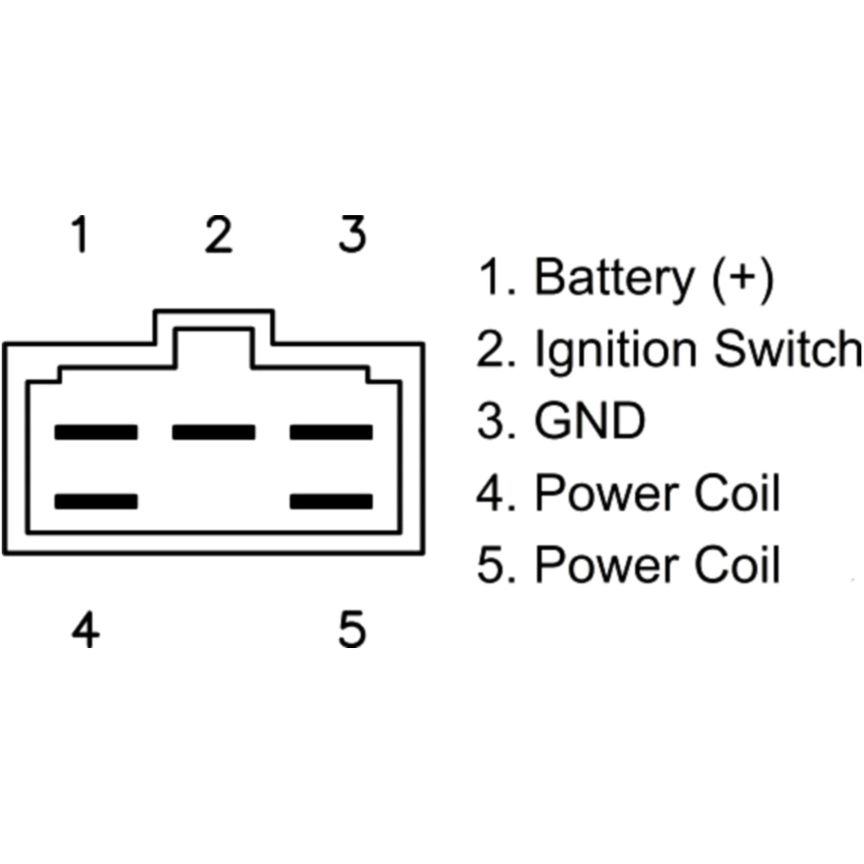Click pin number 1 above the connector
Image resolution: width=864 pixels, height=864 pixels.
[x=80, y=236]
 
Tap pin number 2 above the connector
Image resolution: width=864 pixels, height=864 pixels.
[x=219, y=236]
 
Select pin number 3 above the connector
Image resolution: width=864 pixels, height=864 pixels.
[x=352, y=234]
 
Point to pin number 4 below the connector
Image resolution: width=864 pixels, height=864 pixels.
[x=85, y=630]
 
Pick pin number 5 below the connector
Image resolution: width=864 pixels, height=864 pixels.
[x=352, y=630]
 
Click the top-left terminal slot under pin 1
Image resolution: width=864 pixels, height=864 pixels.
[x=96, y=432]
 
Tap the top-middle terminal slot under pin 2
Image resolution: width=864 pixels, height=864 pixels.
[x=213, y=432]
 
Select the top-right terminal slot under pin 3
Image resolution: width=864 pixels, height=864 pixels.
[x=331, y=432]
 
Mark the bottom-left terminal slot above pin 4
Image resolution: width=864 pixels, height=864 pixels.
[x=96, y=501]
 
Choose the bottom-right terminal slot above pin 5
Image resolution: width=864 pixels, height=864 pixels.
[x=331, y=501]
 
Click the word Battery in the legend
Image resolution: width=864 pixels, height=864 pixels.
[x=613, y=279]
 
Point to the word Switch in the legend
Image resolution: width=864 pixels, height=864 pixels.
[x=785, y=350]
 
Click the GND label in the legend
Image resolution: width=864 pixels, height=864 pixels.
[x=589, y=422]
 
